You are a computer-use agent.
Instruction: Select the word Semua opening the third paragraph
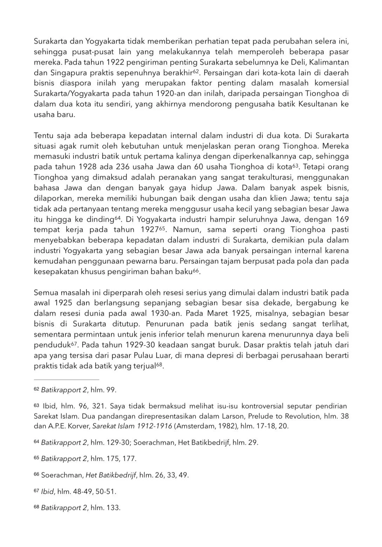pyautogui.click(x=46, y=292)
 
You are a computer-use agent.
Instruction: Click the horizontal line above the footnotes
pyautogui.click(x=67, y=379)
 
